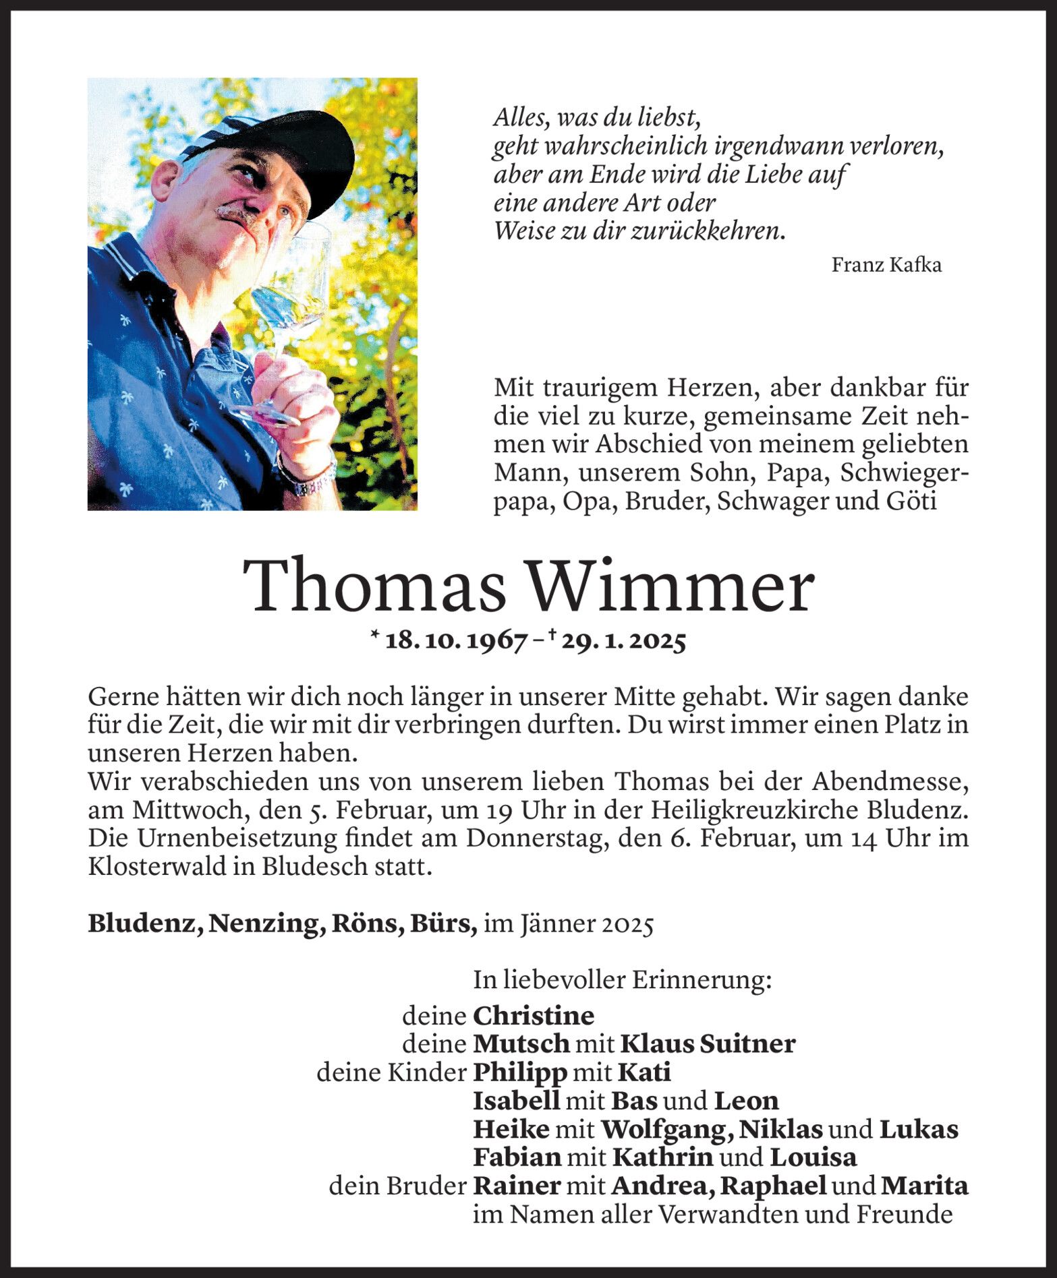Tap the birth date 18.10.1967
point(456,641)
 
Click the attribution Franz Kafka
point(886,265)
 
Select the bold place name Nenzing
point(264,923)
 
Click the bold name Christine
point(534,1015)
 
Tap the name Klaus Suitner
point(708,1043)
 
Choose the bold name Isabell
point(516,1100)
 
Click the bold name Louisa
point(813,1157)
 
